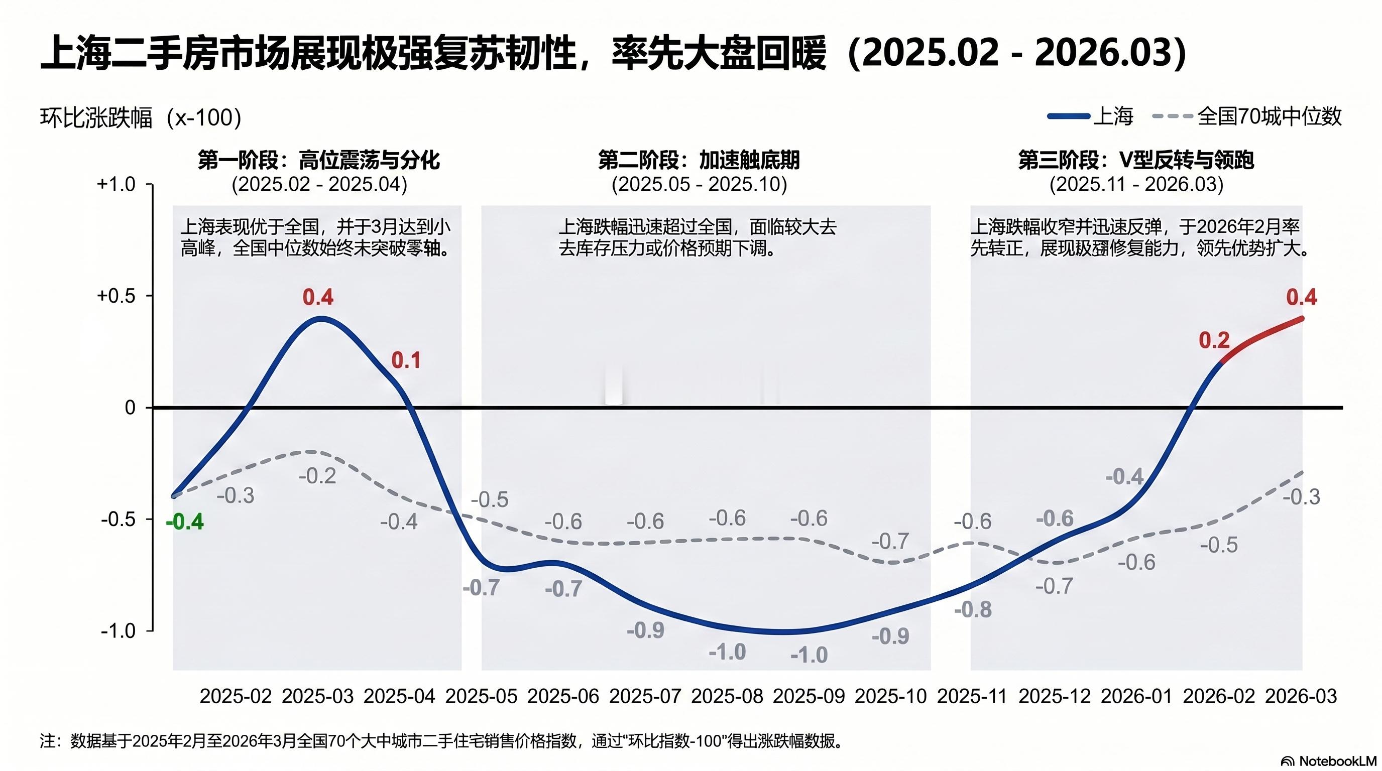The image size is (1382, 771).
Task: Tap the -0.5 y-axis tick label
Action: pyautogui.click(x=118, y=520)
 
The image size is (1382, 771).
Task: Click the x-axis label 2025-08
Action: pyautogui.click(x=727, y=696)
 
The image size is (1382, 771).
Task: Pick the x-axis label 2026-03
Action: pyautogui.click(x=1301, y=696)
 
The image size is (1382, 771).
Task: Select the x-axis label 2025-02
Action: pyautogui.click(x=236, y=696)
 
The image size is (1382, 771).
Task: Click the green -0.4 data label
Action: pyautogui.click(x=185, y=522)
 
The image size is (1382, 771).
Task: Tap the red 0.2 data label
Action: pyautogui.click(x=1214, y=340)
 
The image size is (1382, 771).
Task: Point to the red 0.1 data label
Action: pyautogui.click(x=406, y=360)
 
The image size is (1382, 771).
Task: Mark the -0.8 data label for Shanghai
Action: pyautogui.click(x=973, y=609)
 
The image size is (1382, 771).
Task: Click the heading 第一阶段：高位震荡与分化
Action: pyautogui.click(x=319, y=160)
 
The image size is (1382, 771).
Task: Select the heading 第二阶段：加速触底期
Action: pyautogui.click(x=699, y=160)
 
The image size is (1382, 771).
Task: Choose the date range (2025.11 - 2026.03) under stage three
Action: pyautogui.click(x=1136, y=184)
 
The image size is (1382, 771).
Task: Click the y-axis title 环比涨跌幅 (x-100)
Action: pyautogui.click(x=141, y=118)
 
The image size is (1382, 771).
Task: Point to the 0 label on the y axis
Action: pyautogui.click(x=130, y=408)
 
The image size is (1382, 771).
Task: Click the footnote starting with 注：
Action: pyautogui.click(x=440, y=741)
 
